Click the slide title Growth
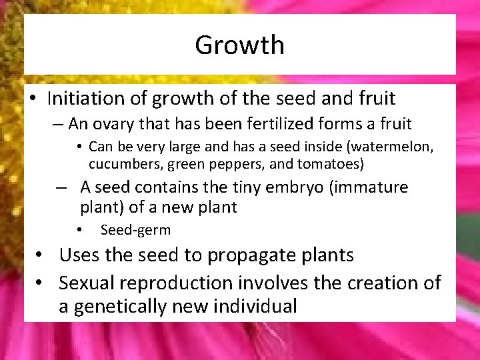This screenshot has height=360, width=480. (239, 45)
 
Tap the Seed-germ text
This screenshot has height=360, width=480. (135, 230)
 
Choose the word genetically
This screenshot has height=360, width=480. (119, 307)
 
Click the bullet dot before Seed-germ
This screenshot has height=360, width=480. (79, 230)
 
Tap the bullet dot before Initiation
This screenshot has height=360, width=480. (33, 99)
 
